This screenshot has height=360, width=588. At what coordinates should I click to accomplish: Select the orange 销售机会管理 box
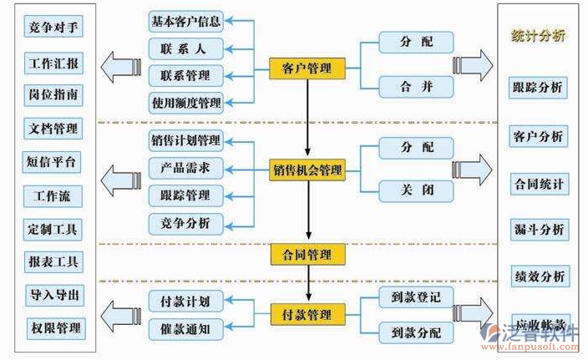coord(307,170)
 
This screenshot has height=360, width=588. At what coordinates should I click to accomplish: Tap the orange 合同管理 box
coord(302,253)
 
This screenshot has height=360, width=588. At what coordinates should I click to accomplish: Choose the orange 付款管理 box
coord(302,315)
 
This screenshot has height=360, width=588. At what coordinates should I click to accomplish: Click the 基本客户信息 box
coord(186,20)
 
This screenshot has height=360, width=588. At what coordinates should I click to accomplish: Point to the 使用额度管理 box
coord(186,104)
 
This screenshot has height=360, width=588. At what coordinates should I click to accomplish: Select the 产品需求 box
coord(186,168)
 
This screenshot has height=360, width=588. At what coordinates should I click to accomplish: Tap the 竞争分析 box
coord(186,223)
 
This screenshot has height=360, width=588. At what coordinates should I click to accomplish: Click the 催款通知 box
coord(186,329)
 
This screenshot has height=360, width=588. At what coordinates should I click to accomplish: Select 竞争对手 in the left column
coord(54,28)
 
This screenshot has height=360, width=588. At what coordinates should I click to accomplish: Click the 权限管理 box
coord(54,327)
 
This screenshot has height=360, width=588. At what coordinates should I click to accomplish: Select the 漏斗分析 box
coord(538,229)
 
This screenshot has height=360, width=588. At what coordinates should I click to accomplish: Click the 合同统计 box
coord(538,183)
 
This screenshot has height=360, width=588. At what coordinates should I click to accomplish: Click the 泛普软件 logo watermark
coord(535,337)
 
